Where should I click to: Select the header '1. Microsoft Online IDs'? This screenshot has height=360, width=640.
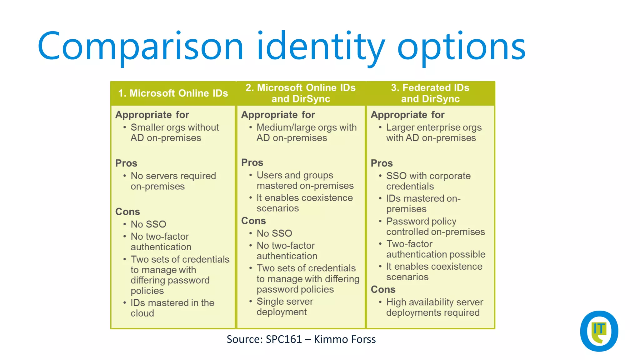click(173, 93)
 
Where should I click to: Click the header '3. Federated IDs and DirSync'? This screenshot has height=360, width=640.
click(430, 93)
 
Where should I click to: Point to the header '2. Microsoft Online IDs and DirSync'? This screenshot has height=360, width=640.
click(300, 93)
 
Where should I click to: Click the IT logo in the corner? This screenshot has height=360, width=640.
click(599, 331)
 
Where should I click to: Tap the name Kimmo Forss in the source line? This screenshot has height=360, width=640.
click(344, 339)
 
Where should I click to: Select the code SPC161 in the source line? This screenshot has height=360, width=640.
click(283, 339)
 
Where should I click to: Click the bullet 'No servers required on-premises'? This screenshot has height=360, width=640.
click(173, 181)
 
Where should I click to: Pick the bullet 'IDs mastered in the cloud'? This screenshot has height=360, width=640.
click(172, 308)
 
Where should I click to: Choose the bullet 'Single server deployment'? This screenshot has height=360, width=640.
click(285, 307)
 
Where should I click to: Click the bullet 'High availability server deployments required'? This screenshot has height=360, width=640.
click(434, 307)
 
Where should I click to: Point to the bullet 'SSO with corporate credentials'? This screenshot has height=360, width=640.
click(428, 181)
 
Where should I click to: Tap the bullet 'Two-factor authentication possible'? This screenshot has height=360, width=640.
click(435, 249)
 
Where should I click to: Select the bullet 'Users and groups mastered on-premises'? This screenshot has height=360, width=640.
click(305, 180)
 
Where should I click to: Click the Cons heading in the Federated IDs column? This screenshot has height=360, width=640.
click(383, 289)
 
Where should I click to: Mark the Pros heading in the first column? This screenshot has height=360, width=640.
click(126, 163)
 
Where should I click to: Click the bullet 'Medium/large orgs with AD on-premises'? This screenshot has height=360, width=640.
click(306, 132)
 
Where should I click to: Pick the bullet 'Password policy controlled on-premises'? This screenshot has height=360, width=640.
click(435, 226)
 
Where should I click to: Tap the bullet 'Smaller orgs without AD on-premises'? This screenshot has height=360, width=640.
click(174, 132)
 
